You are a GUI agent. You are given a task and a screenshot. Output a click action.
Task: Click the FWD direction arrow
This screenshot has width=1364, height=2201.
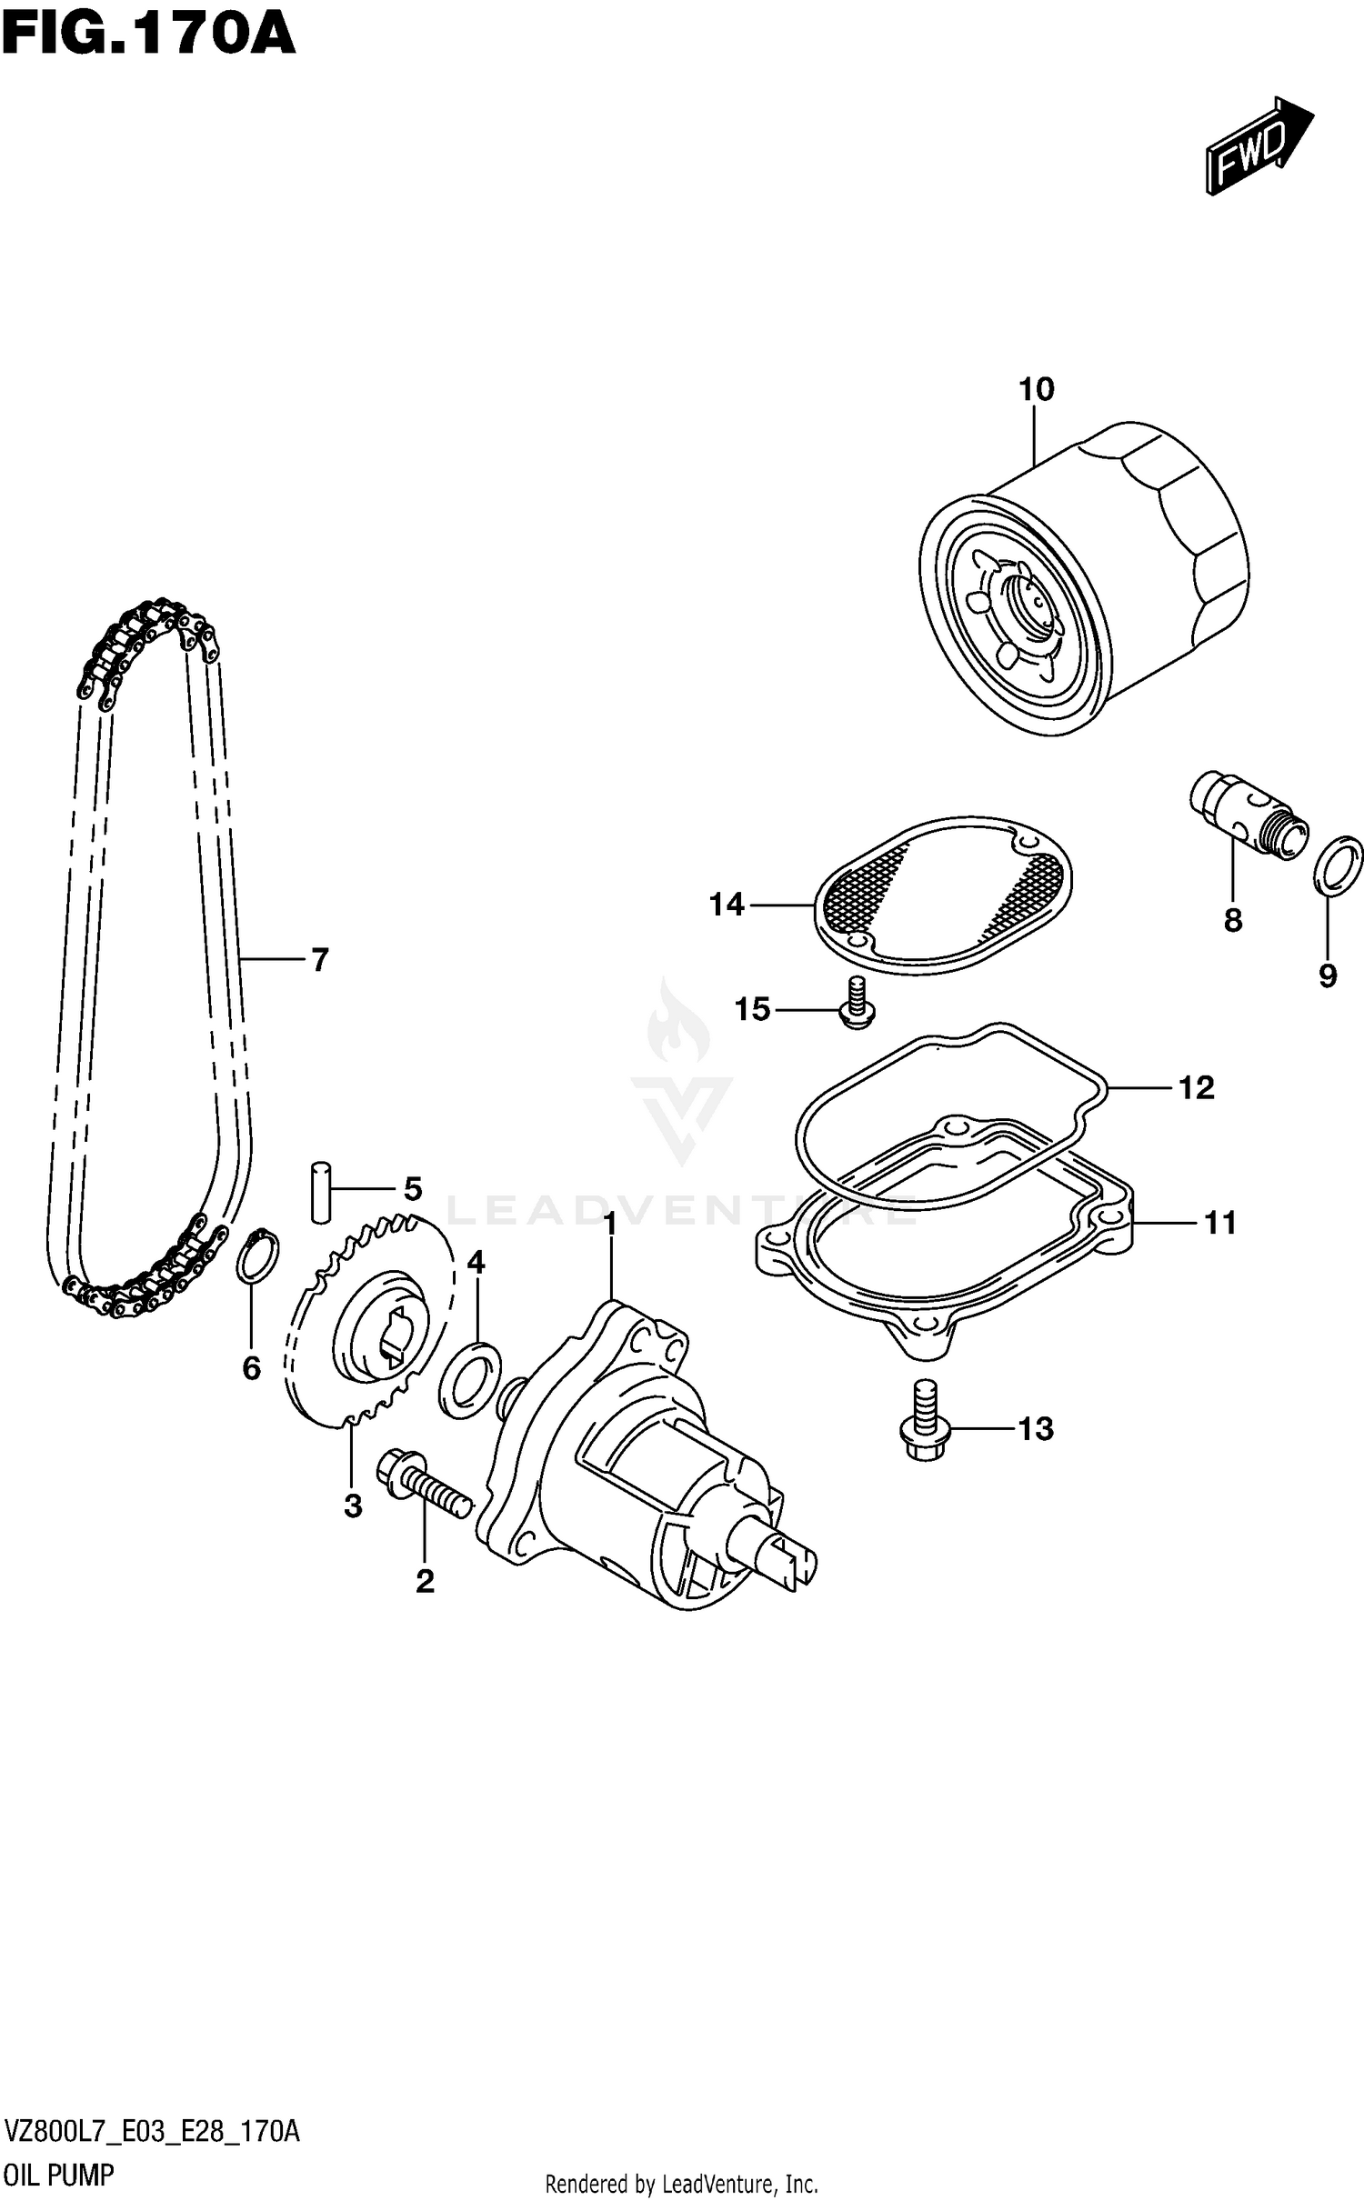pos(1259,145)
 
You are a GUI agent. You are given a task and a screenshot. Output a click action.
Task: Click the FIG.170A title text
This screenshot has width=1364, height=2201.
pos(148,35)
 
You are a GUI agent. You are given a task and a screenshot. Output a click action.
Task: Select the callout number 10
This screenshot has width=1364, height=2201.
pos(1036,389)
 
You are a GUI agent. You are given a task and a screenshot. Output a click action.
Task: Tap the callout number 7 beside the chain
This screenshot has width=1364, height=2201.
pos(319,959)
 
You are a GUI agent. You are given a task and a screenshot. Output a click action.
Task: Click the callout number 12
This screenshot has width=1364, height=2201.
pos(1196,1087)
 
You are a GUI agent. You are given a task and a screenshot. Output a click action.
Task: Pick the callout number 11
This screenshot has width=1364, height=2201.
pos(1219,1223)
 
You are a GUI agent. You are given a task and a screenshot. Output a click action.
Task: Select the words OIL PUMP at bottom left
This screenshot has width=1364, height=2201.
pos(59,2175)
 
